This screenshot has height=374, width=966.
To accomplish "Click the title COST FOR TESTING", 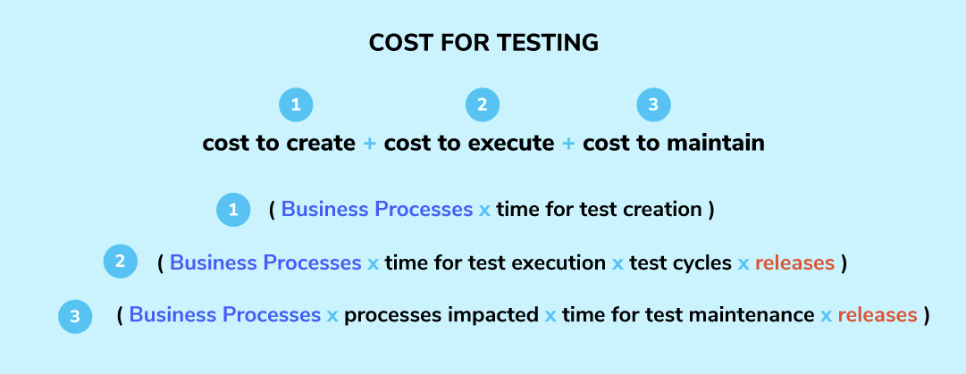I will pos(483,43).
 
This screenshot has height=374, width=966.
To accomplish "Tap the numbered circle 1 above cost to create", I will pos(296,105).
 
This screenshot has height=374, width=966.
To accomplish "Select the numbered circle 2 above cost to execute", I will pos(482,105).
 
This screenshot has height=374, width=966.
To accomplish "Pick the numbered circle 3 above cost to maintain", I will pos(653,105).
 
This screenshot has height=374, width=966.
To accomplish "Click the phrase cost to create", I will pos(279,143).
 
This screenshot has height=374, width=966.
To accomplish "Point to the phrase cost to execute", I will pos(469,143).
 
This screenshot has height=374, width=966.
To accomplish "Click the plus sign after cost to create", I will pos(370,143).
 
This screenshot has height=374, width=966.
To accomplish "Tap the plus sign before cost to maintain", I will pos(568,143).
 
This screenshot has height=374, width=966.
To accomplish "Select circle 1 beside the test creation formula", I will pos(233,211).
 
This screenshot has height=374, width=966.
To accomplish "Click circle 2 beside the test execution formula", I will pos(120,262).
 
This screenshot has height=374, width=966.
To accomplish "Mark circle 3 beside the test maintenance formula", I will pos(75,315).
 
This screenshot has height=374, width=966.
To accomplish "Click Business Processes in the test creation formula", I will pos(377,210).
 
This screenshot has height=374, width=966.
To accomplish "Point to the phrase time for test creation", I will pos(599,210).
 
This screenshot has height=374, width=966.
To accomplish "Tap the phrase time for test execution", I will pos(495,262).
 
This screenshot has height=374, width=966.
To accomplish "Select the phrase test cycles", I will pos(679,262).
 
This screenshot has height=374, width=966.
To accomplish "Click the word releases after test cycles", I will pos(794,262).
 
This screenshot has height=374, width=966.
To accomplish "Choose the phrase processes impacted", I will pos(441,314).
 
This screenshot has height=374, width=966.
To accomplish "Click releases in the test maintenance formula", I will pos(877,314).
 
